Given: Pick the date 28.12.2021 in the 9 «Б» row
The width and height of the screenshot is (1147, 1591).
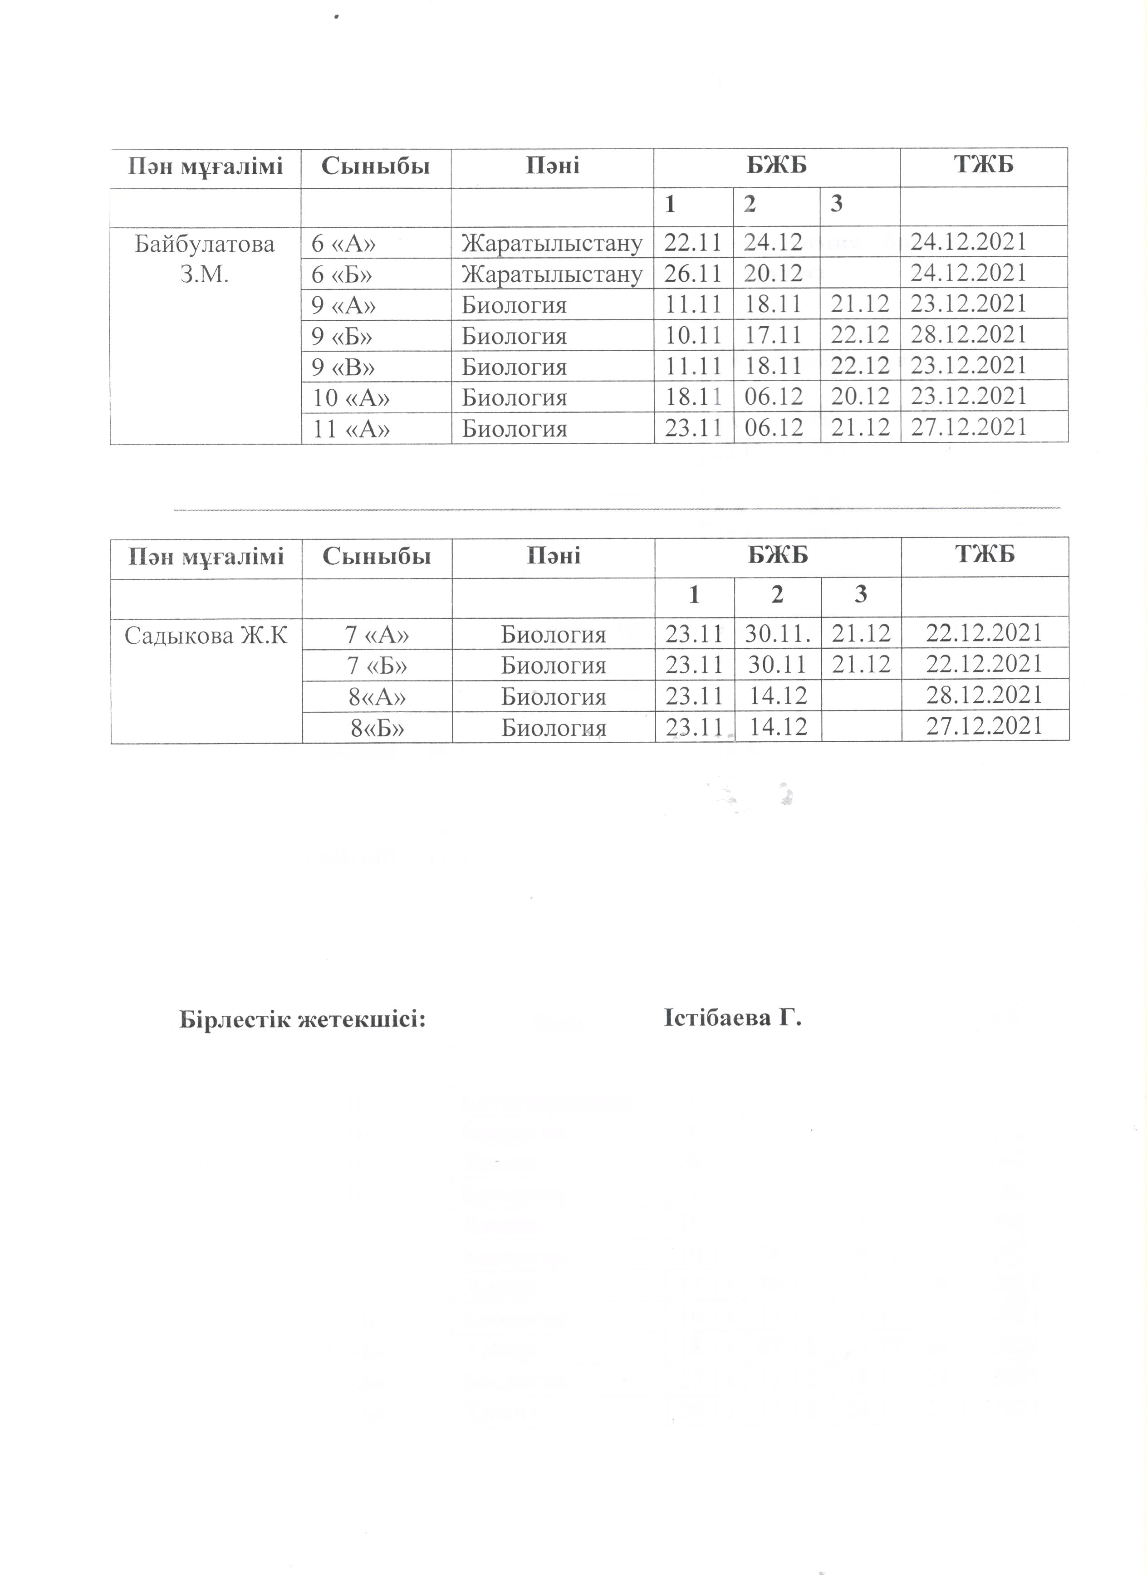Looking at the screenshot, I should tap(968, 335).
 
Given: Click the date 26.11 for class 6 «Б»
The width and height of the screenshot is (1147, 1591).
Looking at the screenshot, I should tap(693, 274).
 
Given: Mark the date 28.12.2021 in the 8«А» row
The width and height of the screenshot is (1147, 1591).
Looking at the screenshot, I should tap(984, 695).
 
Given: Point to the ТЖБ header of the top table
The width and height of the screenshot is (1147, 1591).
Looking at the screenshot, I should tap(984, 166).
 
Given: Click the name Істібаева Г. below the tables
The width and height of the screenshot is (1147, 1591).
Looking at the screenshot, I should tap(732, 1018).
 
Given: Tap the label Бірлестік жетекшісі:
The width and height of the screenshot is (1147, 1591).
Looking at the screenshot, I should tap(303, 1019).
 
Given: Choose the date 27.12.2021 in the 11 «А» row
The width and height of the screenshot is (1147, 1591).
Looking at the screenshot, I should tap(968, 427).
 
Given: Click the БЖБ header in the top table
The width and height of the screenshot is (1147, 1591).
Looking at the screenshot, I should tap(777, 166).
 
